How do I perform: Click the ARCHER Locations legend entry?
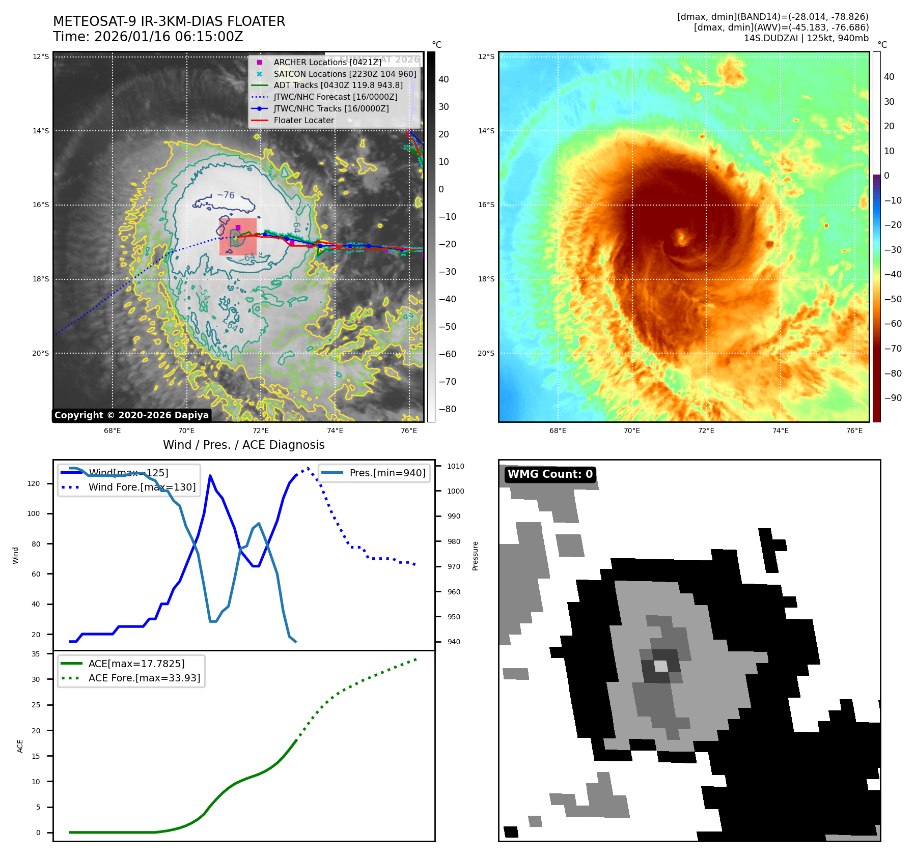click(x=327, y=62)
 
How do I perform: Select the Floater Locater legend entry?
click(x=303, y=120)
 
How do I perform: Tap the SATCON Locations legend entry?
click(x=345, y=74)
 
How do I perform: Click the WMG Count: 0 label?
click(x=550, y=474)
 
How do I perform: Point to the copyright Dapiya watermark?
click(x=131, y=415)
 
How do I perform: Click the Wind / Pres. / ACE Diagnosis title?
click(x=243, y=445)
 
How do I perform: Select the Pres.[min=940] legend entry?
click(x=387, y=473)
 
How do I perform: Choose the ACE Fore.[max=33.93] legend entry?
click(x=144, y=678)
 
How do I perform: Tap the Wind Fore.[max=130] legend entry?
click(x=142, y=487)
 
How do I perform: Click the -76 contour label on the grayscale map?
click(x=226, y=195)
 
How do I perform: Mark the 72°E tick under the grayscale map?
click(x=261, y=431)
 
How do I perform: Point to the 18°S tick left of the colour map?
click(x=486, y=279)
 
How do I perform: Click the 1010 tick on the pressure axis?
click(x=455, y=466)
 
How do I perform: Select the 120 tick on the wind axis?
click(x=34, y=483)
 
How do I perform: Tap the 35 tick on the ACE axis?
click(x=36, y=654)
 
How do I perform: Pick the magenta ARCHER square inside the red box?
click(x=238, y=227)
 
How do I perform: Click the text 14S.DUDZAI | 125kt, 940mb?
click(x=806, y=38)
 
